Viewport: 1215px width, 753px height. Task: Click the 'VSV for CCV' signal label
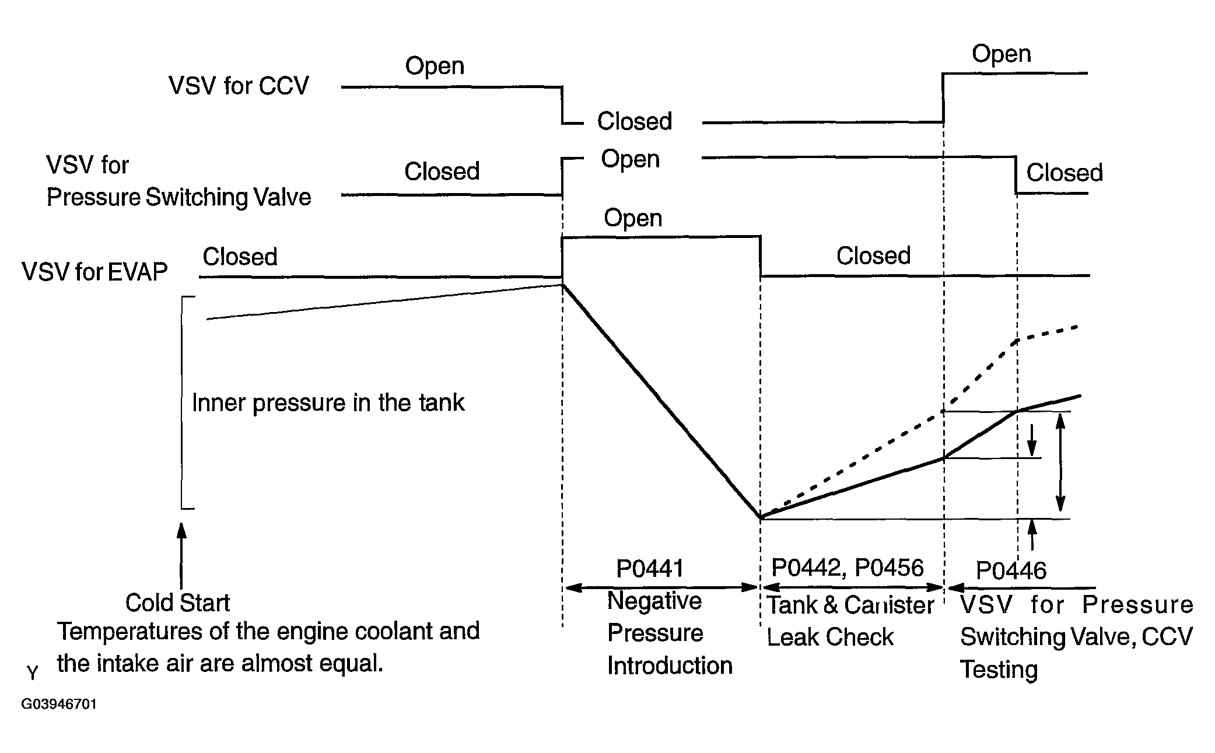click(x=239, y=86)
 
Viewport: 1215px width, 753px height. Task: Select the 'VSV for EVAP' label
click(x=94, y=271)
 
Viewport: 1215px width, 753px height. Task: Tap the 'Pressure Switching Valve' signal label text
click(x=178, y=197)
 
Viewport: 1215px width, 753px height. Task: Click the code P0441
click(x=650, y=568)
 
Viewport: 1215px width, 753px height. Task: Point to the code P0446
click(x=1011, y=570)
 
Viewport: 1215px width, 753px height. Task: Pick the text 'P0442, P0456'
click(x=848, y=568)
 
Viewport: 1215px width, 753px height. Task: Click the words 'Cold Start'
click(x=177, y=603)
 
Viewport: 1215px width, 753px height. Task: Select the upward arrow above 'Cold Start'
click(x=181, y=555)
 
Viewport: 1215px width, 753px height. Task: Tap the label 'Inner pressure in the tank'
click(x=328, y=402)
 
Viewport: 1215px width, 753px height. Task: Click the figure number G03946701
click(x=59, y=704)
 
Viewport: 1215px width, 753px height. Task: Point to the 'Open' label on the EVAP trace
click(x=633, y=218)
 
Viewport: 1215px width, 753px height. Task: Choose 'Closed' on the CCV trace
click(x=635, y=121)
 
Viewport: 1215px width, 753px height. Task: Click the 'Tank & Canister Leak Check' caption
click(x=850, y=621)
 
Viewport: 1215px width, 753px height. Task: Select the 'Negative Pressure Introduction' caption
click(x=670, y=633)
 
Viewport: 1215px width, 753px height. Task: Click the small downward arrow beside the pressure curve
click(x=1032, y=440)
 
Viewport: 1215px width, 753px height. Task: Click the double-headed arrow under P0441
click(x=661, y=588)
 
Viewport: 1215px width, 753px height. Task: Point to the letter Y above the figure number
click(x=33, y=673)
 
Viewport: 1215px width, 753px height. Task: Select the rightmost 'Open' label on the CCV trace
click(x=1002, y=54)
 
